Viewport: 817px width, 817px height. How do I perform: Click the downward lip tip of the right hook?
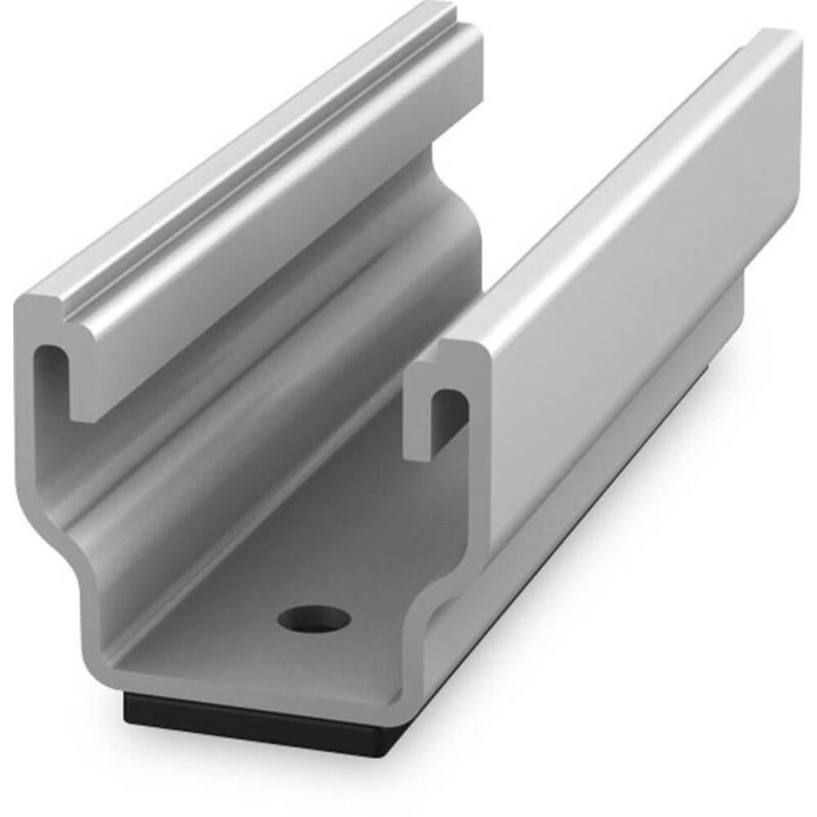coord(417,445)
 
